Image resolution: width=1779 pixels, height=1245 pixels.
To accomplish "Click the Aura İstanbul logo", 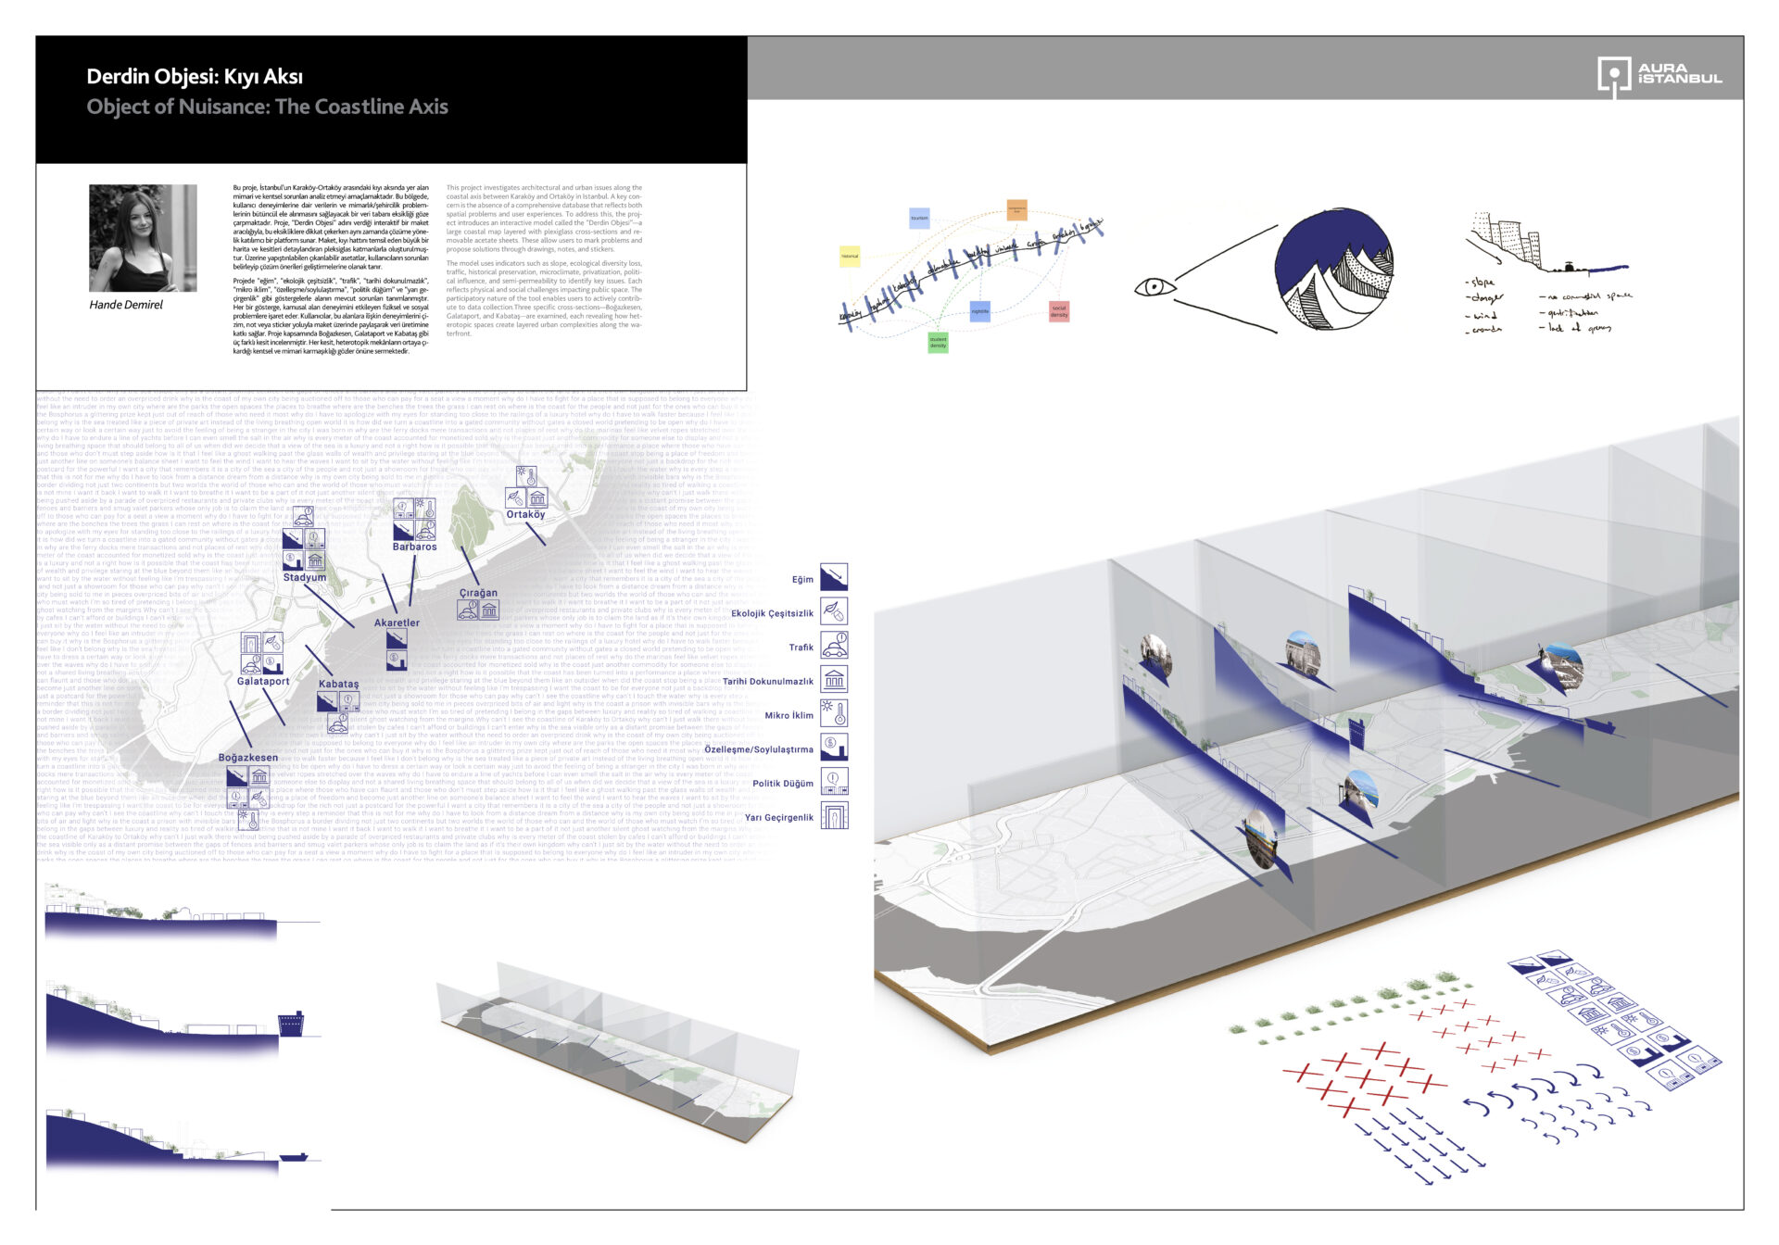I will tap(1659, 75).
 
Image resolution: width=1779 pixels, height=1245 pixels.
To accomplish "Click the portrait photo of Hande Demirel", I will tap(143, 238).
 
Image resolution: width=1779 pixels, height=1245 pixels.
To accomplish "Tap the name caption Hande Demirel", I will tap(126, 305).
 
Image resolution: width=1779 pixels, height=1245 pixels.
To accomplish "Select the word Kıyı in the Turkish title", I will tap(243, 77).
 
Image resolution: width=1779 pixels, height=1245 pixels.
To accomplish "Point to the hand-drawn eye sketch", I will tap(1154, 287).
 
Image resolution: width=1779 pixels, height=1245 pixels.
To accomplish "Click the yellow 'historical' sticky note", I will tap(849, 256).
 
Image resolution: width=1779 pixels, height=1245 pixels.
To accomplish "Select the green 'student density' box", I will tap(938, 343).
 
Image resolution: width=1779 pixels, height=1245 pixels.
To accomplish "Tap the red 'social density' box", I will tap(1059, 312).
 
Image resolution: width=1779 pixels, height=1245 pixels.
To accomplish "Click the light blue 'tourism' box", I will tap(919, 219).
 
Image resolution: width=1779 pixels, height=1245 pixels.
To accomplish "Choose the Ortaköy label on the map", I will tap(525, 515).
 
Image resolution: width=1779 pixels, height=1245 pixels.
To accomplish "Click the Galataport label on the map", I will tap(263, 682).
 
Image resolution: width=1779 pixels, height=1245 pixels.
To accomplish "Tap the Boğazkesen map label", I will tap(248, 758).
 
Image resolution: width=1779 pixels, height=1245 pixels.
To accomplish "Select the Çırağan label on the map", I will tap(478, 593).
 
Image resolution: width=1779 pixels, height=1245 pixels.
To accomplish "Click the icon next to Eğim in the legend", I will tap(834, 577).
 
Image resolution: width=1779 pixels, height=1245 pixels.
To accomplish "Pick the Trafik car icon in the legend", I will tap(834, 646).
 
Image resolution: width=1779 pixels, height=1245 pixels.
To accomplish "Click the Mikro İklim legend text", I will tap(789, 716).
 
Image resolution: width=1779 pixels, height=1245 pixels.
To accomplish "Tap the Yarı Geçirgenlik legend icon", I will tap(834, 816).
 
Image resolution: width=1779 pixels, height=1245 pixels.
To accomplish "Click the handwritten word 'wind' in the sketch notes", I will tap(1485, 316).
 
